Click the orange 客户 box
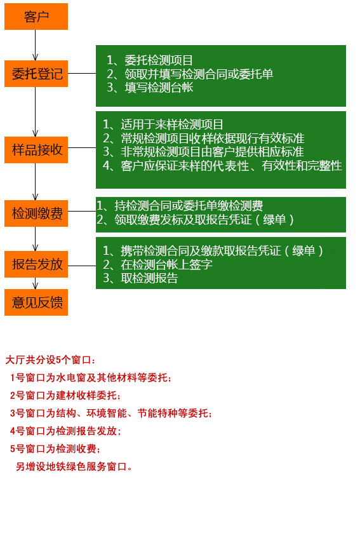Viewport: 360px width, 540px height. (x=36, y=17)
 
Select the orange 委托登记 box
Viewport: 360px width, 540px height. (x=36, y=74)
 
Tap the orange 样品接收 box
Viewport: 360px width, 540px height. (x=36, y=150)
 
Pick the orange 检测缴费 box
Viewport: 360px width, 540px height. (x=36, y=213)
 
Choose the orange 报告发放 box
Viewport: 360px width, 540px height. (x=36, y=264)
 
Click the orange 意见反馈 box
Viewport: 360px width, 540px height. (x=36, y=302)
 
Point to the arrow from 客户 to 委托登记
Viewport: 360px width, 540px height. (x=35, y=45)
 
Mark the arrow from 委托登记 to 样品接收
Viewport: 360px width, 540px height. (x=35, y=112)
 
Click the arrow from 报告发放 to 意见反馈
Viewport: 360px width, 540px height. (x=35, y=283)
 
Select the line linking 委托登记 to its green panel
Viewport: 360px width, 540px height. (x=82, y=73)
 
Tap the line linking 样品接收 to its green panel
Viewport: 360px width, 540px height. (x=82, y=148)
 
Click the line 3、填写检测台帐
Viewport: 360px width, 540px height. (x=150, y=88)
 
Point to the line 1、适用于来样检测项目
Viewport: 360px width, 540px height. (x=163, y=125)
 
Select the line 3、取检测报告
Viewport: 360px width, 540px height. (x=140, y=278)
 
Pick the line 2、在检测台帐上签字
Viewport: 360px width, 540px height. (x=157, y=264)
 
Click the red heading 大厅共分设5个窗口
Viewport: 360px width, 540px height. (x=50, y=360)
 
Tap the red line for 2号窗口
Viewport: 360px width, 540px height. (x=65, y=395)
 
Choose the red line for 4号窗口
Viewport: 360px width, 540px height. (x=65, y=431)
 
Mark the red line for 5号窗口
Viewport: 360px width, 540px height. (x=55, y=449)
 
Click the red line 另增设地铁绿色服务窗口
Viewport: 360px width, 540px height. (x=74, y=467)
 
